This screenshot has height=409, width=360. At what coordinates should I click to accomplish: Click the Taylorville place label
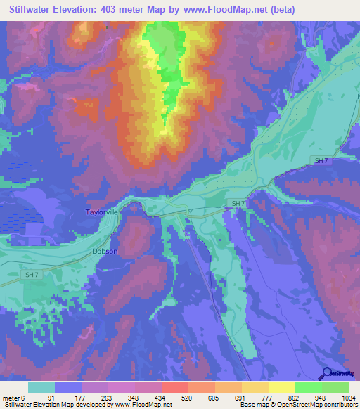point(103,212)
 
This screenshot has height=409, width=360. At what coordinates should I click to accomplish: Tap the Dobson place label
point(104,251)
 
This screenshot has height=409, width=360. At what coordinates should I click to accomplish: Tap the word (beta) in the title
point(280,9)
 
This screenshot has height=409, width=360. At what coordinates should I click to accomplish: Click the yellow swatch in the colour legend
point(281,387)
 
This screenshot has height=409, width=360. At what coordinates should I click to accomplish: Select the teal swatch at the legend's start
point(41,387)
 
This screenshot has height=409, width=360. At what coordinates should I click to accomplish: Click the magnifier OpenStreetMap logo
point(340,375)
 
